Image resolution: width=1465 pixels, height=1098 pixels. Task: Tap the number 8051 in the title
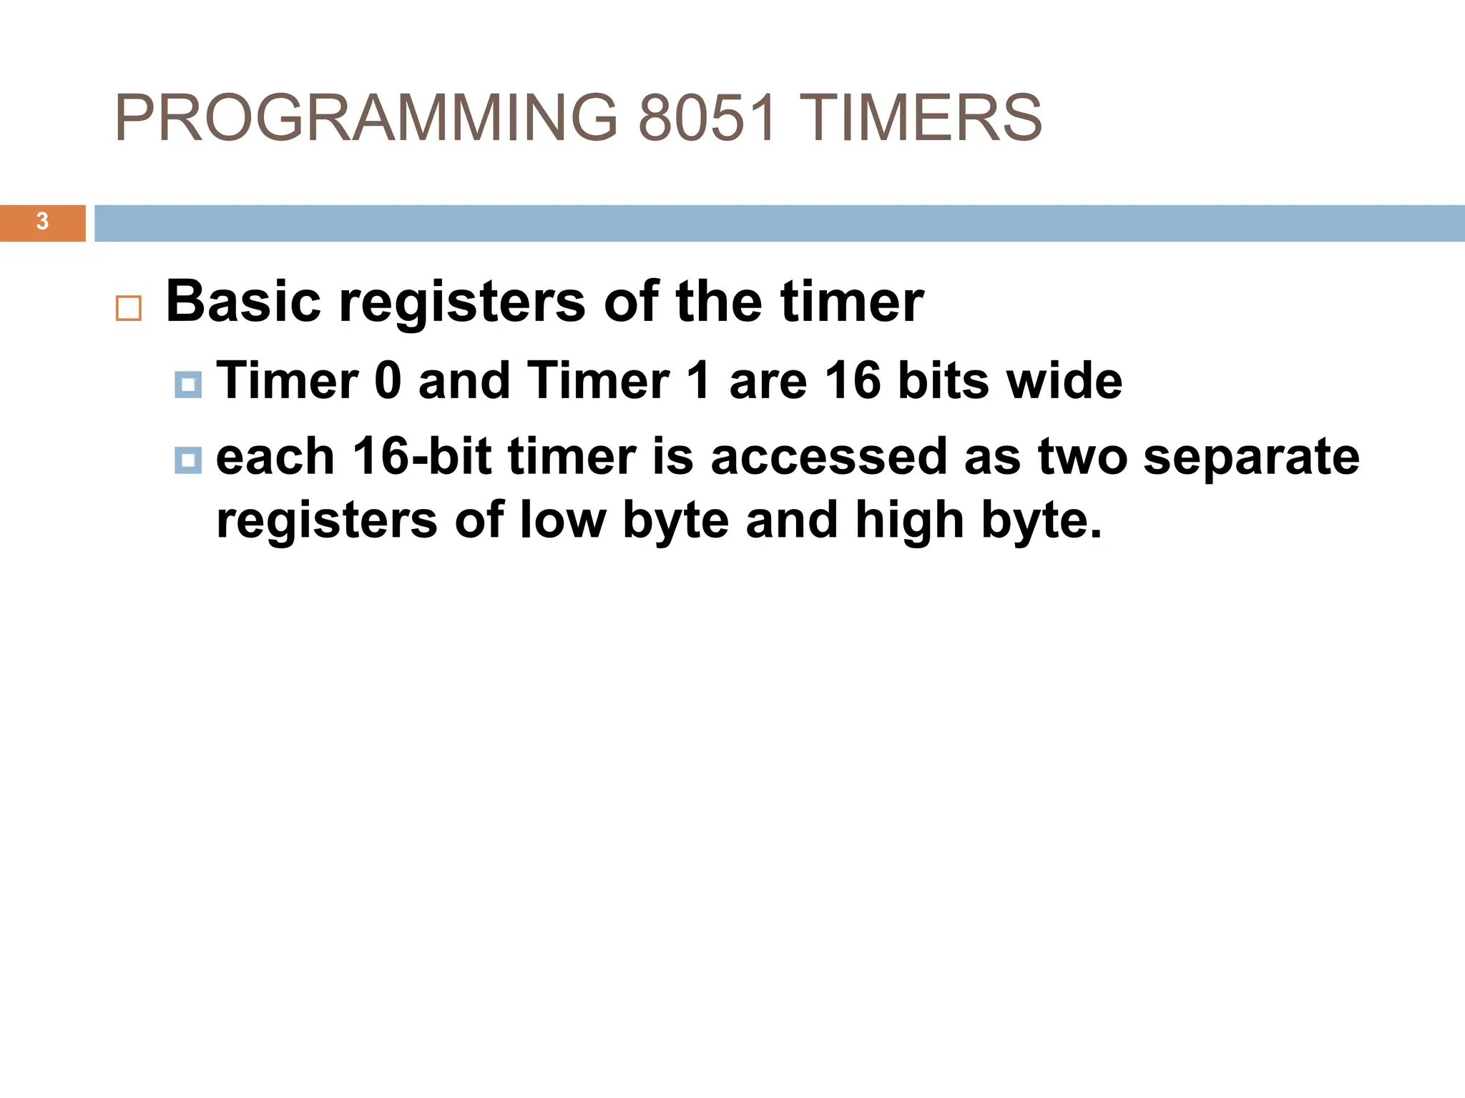tap(707, 118)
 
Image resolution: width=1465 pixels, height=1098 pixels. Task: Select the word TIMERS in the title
tap(920, 118)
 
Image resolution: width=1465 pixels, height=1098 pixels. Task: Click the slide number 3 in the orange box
tap(42, 222)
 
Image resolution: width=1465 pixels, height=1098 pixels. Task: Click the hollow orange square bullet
tap(129, 308)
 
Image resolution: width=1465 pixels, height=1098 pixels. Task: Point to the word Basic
tap(243, 302)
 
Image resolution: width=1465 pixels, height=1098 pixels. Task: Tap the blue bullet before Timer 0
tap(188, 385)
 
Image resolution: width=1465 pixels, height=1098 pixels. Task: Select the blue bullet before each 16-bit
tap(188, 460)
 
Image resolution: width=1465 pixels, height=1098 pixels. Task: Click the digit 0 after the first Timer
tap(388, 380)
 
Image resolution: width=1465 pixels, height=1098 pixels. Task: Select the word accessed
tap(829, 457)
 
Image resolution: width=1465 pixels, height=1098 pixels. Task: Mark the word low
tap(562, 520)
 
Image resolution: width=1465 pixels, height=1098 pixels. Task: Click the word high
tap(908, 521)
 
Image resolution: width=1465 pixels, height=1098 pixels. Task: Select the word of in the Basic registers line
tap(631, 302)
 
